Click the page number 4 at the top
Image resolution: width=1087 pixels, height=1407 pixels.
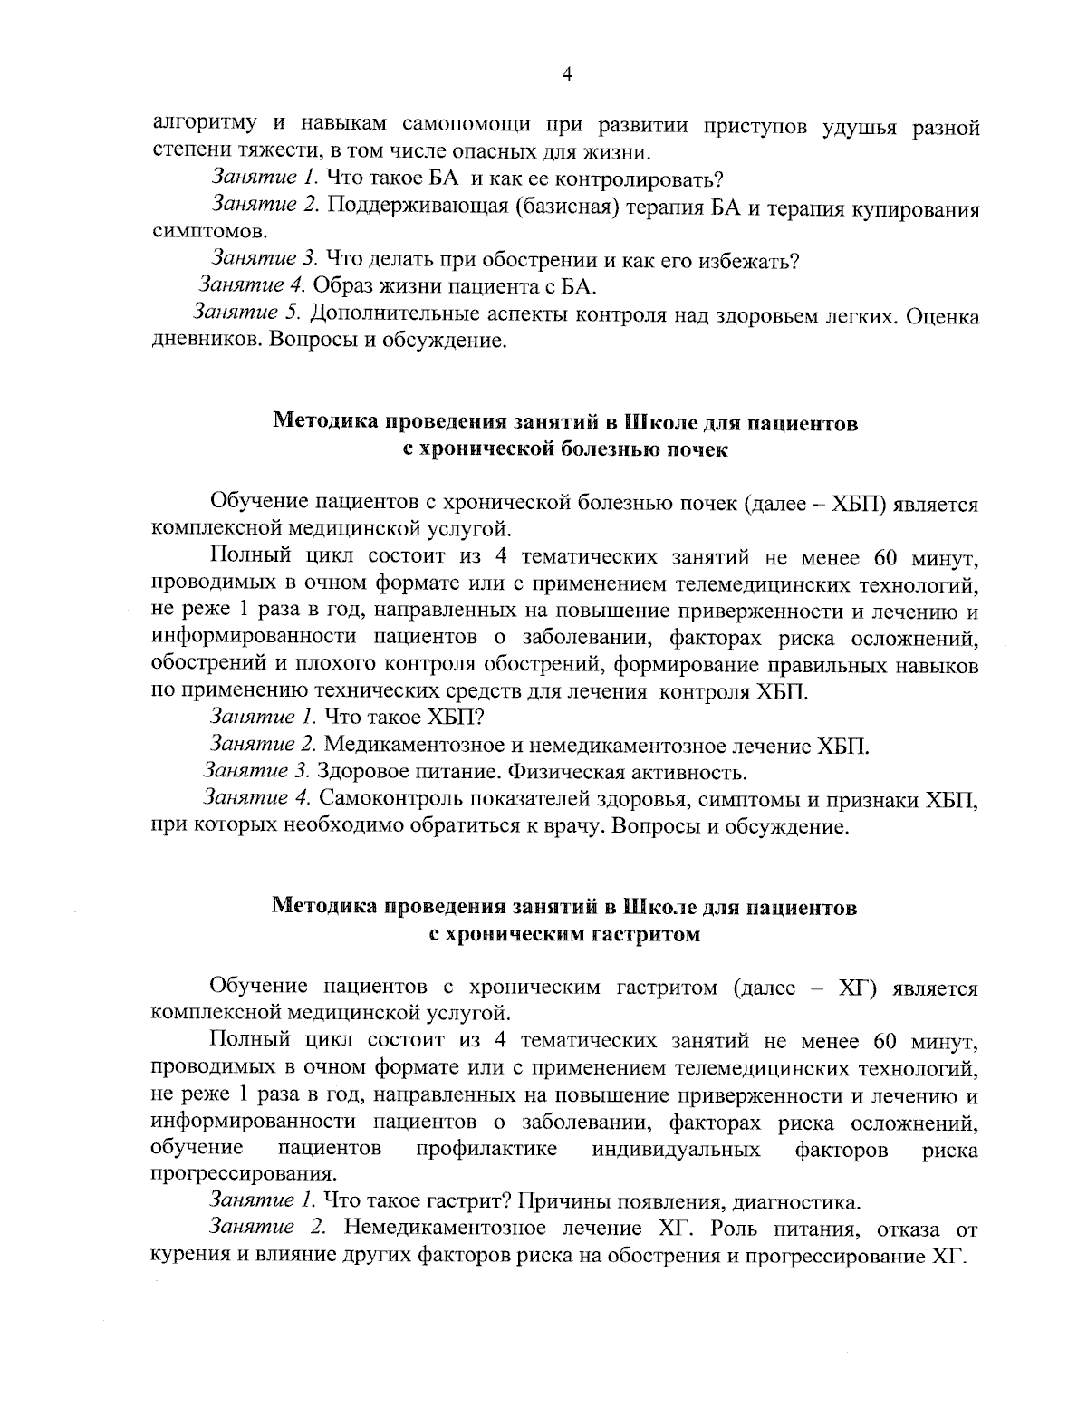(x=566, y=76)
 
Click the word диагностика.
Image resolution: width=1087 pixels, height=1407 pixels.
(x=794, y=1202)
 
